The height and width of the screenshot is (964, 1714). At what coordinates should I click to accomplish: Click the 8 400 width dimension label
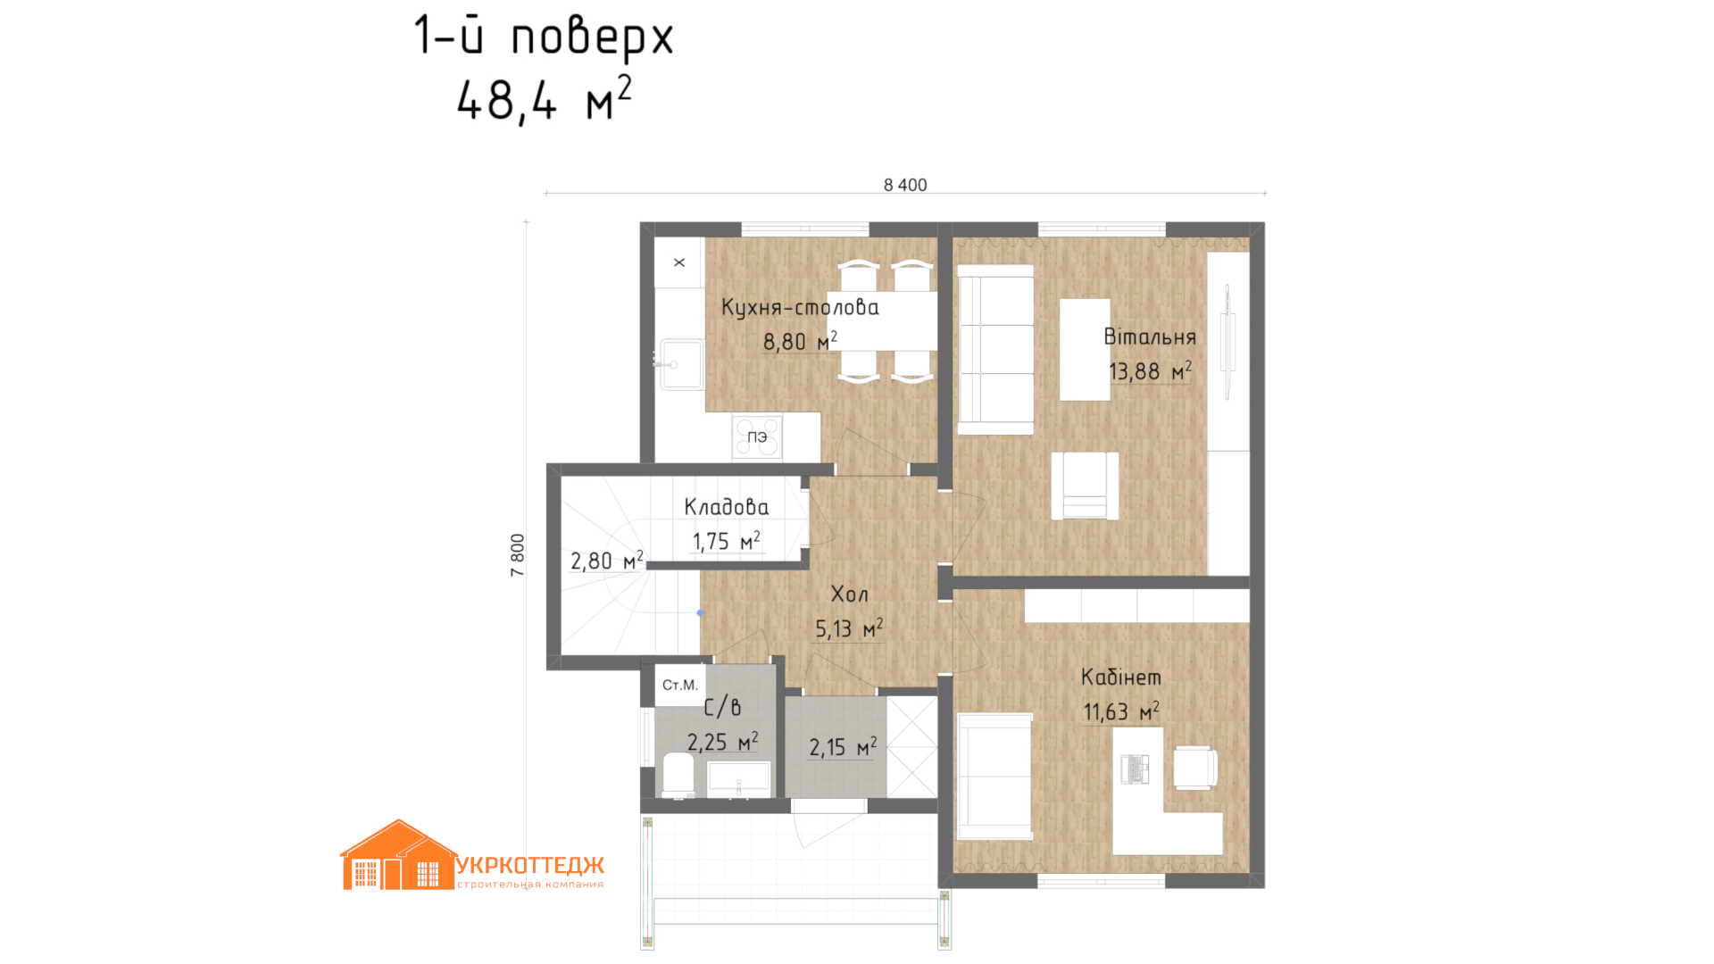905,185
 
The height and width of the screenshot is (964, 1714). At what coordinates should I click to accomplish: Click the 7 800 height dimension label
518,555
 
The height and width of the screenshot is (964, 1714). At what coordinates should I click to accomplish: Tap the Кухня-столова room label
800,307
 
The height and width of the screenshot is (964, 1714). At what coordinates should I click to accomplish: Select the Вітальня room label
1150,337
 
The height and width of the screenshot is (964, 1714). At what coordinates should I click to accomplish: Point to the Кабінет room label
1121,677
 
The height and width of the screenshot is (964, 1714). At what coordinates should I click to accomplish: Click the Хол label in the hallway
849,594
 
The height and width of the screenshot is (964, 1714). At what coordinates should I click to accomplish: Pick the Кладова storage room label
726,507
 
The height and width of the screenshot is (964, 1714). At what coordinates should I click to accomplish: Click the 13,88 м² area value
1150,370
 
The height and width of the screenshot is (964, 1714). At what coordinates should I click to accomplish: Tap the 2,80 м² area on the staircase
607,561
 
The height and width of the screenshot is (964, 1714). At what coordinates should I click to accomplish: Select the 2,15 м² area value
843,746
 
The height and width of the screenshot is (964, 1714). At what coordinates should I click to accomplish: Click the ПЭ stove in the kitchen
757,437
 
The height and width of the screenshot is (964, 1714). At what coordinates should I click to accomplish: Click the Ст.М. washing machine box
680,685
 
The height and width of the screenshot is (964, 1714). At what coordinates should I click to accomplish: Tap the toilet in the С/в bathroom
679,775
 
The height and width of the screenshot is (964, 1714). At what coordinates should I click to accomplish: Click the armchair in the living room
1085,486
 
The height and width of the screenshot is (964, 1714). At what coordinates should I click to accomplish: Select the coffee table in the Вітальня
1085,349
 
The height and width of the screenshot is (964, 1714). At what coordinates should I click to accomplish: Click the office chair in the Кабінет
1195,768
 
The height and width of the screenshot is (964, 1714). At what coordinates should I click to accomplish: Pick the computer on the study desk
1135,769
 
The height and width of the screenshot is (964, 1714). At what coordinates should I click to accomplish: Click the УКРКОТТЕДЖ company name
530,865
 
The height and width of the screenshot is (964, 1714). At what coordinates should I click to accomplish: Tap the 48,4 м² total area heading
545,99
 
